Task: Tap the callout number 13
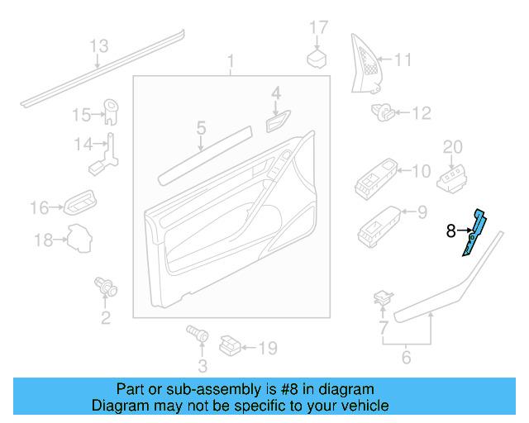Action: (x=99, y=45)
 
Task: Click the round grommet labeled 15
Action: (x=109, y=110)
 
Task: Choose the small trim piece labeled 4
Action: (x=276, y=122)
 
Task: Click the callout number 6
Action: (x=406, y=358)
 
